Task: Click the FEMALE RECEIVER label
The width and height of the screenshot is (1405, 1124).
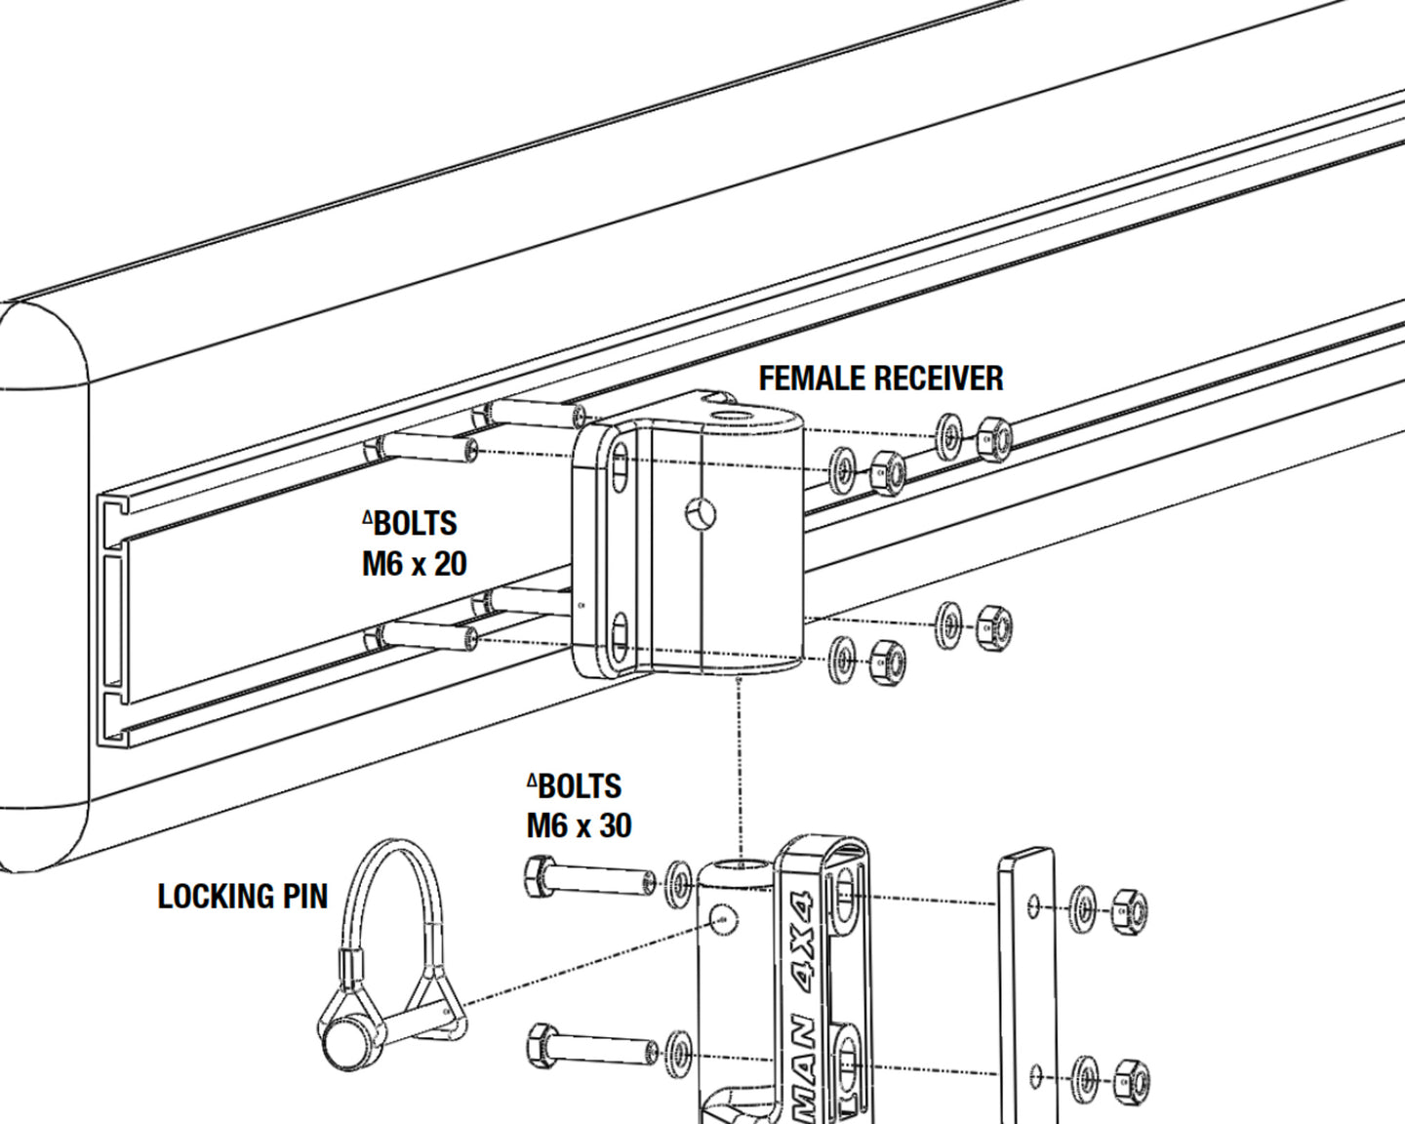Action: [881, 379]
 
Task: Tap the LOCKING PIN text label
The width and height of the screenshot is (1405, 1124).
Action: [242, 896]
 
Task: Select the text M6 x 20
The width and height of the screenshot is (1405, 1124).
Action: [414, 564]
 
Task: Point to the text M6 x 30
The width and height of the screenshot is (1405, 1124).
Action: [579, 825]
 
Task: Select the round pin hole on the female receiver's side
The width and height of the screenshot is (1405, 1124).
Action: [700, 513]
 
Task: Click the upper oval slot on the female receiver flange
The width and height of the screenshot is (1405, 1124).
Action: [620, 470]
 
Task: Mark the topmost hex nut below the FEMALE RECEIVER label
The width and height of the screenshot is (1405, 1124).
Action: [992, 438]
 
